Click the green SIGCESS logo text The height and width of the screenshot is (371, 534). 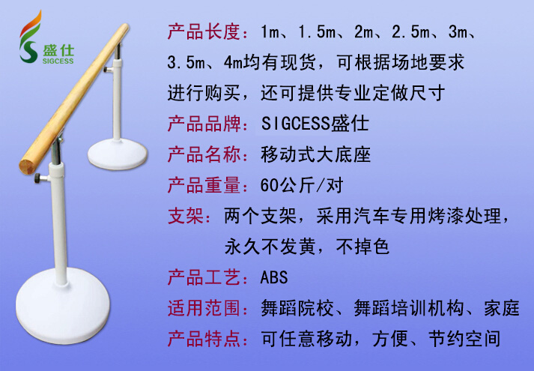point(58,61)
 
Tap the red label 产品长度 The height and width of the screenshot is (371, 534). point(204,31)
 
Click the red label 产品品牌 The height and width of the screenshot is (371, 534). point(204,124)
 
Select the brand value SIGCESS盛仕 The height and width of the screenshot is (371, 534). point(315,124)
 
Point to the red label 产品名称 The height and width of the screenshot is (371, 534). point(204,154)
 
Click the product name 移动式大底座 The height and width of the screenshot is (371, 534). point(316,154)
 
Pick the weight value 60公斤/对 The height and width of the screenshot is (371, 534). point(302,185)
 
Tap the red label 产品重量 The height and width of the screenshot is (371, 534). point(204,185)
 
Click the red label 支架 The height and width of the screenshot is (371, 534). point(186,216)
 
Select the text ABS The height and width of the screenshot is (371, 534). point(274,277)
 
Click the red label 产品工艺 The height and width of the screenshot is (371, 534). point(204,277)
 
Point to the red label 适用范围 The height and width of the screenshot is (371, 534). point(204,308)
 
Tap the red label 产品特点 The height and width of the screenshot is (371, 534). point(204,339)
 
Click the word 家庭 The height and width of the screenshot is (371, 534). point(502,308)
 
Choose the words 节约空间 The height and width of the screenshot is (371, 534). point(464,339)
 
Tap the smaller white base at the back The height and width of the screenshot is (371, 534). point(118,154)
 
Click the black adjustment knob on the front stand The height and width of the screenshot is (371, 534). point(38,178)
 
